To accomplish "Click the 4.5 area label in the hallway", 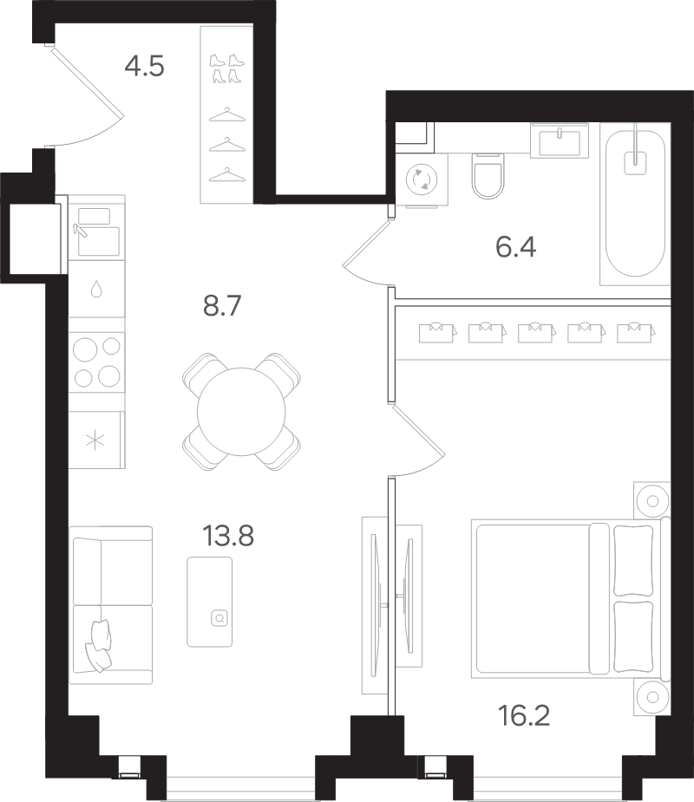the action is [x=144, y=67].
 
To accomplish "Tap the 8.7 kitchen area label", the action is [x=222, y=306].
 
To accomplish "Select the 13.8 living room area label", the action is [x=228, y=537].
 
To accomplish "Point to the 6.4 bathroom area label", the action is [x=515, y=248].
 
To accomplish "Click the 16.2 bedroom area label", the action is [x=524, y=715].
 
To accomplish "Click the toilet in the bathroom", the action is [x=488, y=176].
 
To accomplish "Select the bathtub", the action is [x=635, y=204].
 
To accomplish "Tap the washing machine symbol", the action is [x=422, y=179].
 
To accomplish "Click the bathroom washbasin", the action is [x=560, y=140].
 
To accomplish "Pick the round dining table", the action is [x=241, y=411].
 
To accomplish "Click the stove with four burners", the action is [x=97, y=362].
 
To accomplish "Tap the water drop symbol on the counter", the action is [x=96, y=290].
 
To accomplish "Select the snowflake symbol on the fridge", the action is [x=95, y=440].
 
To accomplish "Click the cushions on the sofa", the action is [x=98, y=645].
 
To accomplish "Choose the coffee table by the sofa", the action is [x=209, y=602].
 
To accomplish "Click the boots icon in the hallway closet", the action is [x=226, y=68].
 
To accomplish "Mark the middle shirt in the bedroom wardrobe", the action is [x=536, y=332].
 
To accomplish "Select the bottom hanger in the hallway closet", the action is [x=227, y=175].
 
